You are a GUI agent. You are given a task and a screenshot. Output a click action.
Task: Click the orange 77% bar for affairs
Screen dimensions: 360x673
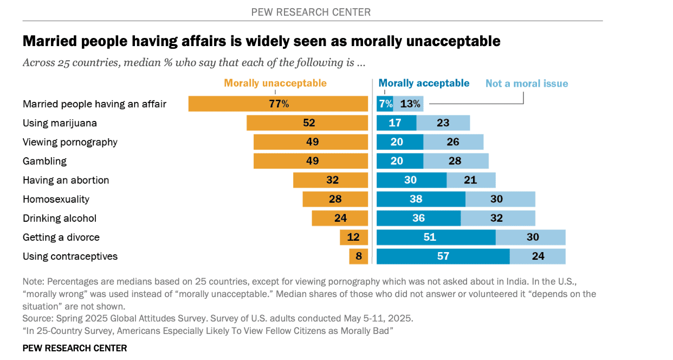point(278,104)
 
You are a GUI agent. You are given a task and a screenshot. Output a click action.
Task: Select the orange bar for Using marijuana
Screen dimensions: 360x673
point(307,123)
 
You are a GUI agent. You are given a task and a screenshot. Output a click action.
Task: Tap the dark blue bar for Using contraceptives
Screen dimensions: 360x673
point(443,256)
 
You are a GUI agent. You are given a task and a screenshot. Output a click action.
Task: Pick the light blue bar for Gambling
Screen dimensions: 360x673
point(455,161)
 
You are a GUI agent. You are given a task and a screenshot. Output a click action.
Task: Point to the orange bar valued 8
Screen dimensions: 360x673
point(358,256)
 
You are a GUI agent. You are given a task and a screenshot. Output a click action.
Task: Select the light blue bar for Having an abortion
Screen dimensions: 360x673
point(470,180)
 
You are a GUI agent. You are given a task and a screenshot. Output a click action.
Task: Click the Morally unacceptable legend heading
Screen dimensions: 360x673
point(275,83)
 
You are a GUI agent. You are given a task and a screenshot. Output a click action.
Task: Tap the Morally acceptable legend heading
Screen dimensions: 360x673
point(424,83)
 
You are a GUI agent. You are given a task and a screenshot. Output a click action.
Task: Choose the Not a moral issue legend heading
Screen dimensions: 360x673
point(526,83)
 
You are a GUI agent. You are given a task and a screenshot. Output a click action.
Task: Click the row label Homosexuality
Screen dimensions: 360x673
point(56,199)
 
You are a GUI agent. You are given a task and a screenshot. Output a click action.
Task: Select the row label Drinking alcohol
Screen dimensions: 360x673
point(60,218)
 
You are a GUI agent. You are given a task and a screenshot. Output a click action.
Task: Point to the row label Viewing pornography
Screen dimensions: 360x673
point(70,142)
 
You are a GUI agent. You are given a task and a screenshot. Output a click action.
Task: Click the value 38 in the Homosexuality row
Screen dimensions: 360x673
point(416,199)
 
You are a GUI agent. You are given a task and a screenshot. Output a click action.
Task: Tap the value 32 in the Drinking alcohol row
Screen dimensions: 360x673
point(496,218)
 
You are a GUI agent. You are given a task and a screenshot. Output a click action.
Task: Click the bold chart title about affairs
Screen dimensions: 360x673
point(261,41)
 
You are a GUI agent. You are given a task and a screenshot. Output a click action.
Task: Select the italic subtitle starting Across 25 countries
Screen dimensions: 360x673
point(193,62)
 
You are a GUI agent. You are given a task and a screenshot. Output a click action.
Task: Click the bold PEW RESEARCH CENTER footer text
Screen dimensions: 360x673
point(75,348)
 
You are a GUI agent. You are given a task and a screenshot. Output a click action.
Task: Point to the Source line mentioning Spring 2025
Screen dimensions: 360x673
point(218,318)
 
